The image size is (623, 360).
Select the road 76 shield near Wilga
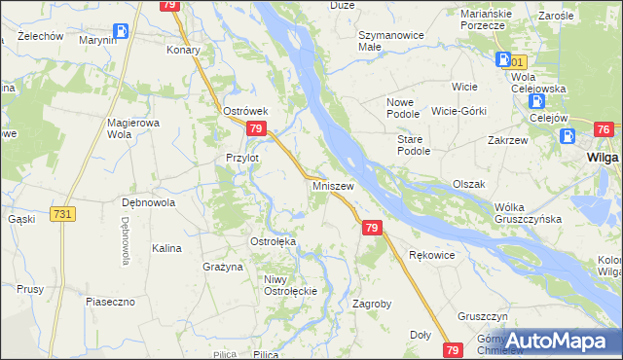(603, 130)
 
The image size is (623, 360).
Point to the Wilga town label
(604, 157)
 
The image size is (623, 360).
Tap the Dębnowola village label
(147, 203)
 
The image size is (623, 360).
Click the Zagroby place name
(371, 304)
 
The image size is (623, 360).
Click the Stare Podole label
(414, 146)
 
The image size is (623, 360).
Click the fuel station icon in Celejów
(534, 101)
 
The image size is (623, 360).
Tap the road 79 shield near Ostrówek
(256, 129)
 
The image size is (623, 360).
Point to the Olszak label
(468, 184)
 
